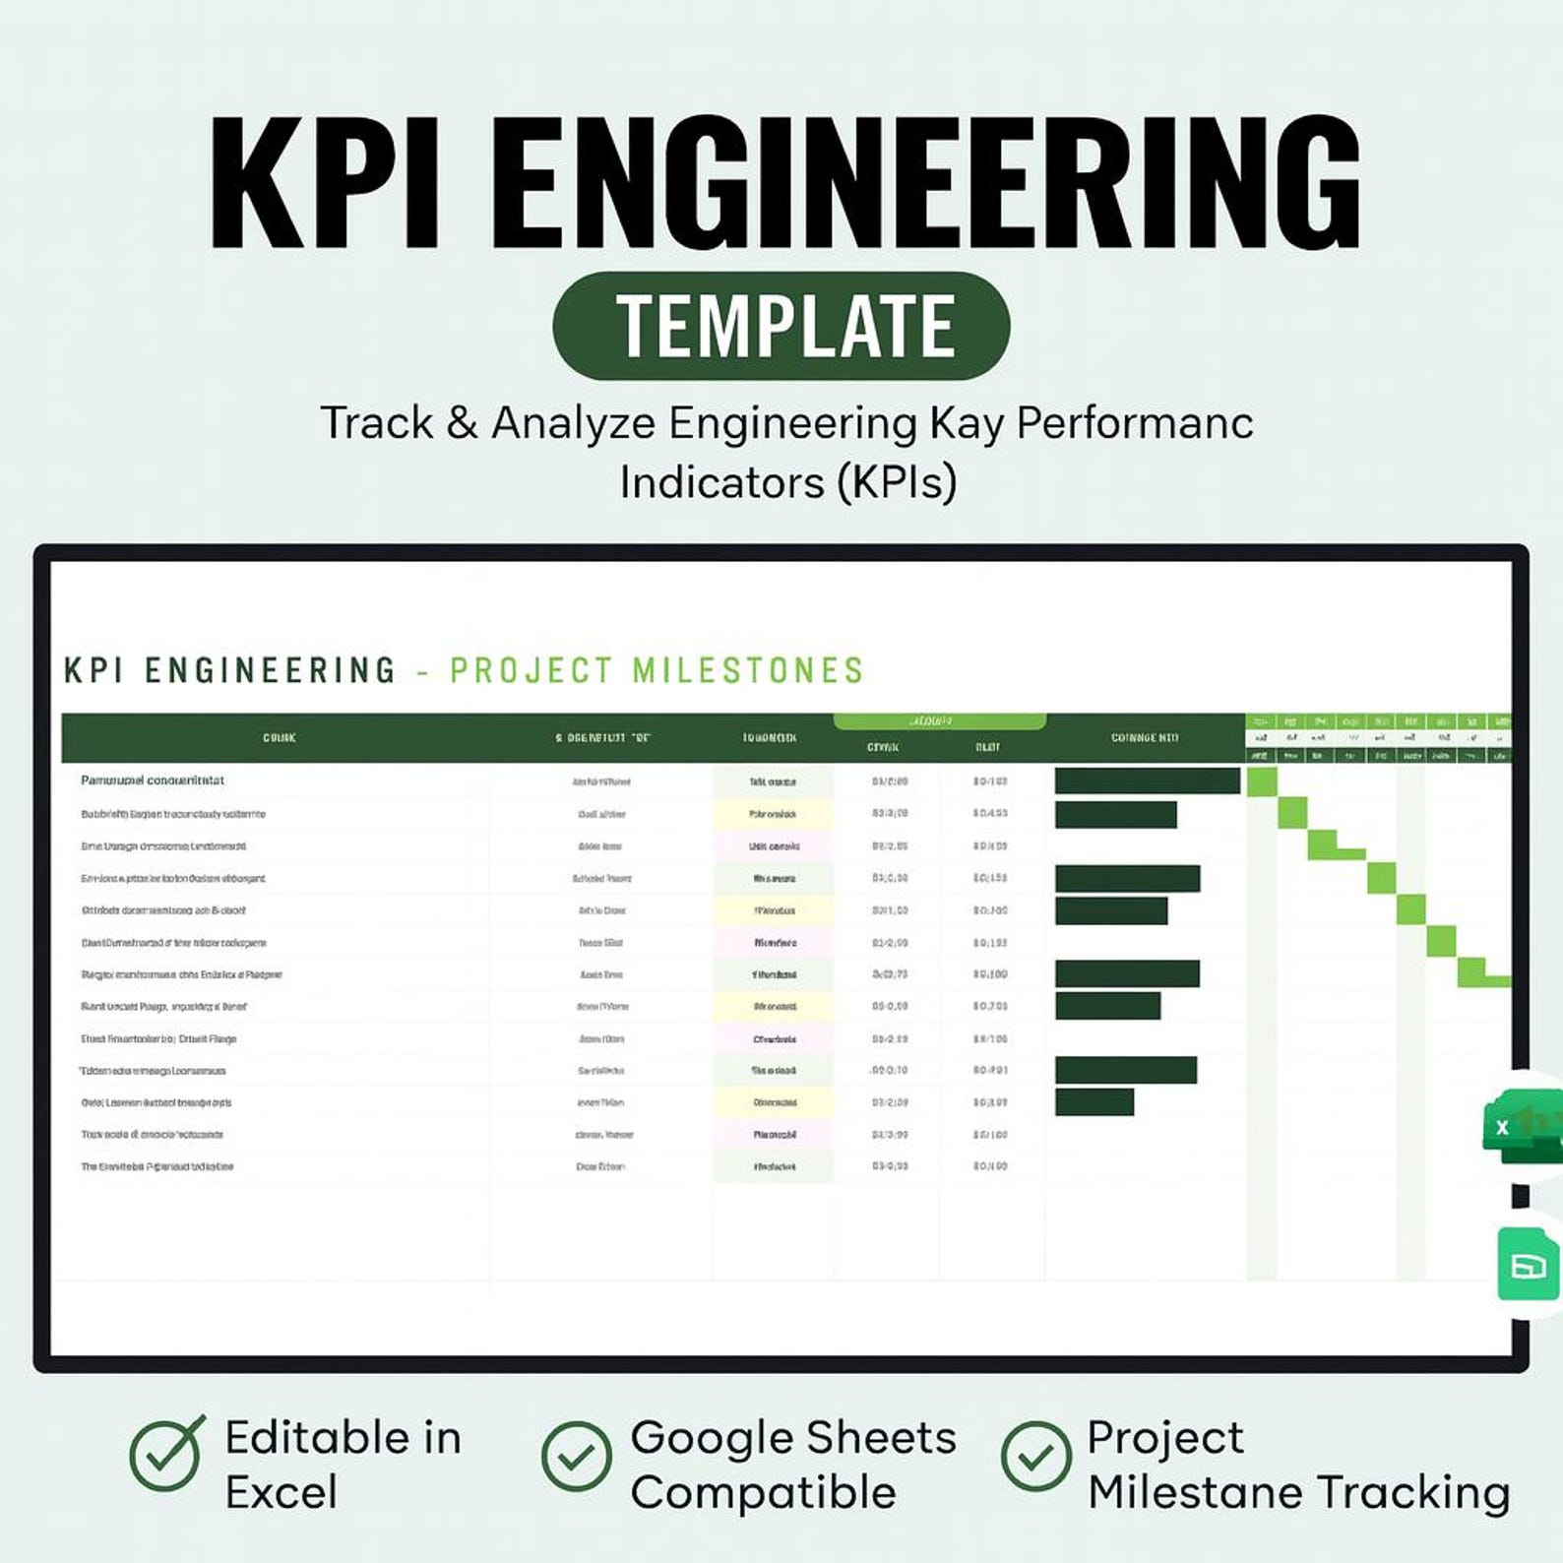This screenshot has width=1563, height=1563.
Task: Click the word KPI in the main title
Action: (x=325, y=185)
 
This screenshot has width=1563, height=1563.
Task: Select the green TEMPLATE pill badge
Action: (x=781, y=326)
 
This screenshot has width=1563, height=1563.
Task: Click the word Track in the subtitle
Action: (x=376, y=423)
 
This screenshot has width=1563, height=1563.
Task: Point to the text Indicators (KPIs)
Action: (x=787, y=482)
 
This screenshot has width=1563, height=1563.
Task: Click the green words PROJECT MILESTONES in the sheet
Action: (x=656, y=671)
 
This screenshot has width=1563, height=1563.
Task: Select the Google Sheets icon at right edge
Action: (x=1528, y=1265)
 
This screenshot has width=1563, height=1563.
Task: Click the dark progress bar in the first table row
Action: (x=1147, y=781)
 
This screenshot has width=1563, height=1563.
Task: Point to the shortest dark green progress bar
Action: (x=1094, y=1102)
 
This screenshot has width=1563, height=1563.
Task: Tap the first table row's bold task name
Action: (x=153, y=781)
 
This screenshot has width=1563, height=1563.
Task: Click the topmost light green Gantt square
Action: (x=1262, y=782)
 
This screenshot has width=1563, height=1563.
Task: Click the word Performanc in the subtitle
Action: (x=1134, y=423)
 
